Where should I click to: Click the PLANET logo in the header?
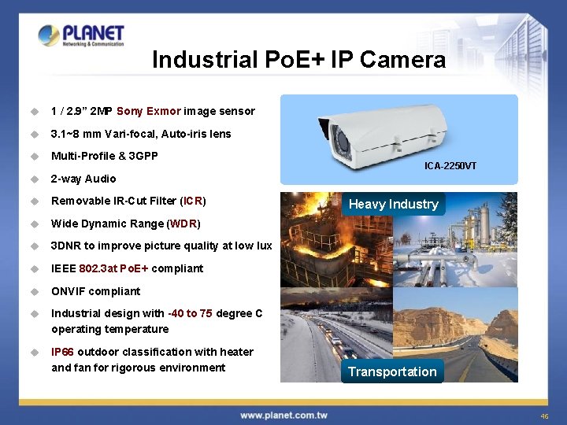pos(81,35)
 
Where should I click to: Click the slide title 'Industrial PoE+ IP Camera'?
pos(298,60)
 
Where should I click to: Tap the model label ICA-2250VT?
pos(450,166)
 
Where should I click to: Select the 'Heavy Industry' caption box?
pos(393,204)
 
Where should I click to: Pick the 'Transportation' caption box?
pos(392,371)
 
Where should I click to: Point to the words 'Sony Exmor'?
pos(149,111)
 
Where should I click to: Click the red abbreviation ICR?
pos(192,201)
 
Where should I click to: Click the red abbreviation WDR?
pos(186,224)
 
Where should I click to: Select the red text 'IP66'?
pos(63,352)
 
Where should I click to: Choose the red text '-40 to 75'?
pos(190,313)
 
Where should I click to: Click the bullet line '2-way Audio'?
pos(83,179)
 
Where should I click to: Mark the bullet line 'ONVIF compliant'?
pos(95,291)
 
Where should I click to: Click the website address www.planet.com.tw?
pos(283,415)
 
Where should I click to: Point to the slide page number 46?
pos(544,416)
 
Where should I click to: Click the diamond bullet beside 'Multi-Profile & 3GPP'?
pos(35,157)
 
